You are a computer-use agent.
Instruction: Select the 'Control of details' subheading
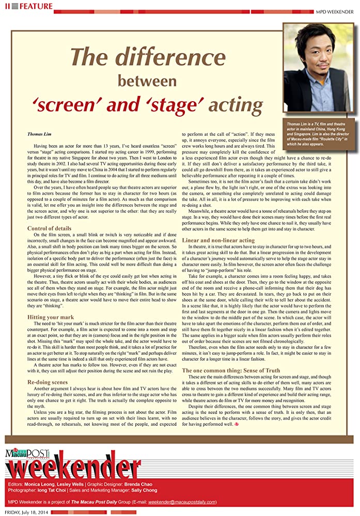click(49, 228)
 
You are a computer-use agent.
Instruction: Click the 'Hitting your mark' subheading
click(50, 317)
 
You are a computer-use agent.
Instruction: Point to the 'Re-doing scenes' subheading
click(48, 382)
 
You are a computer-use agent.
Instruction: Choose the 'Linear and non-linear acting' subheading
click(218, 240)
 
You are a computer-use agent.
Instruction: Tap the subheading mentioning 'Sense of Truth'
click(231, 370)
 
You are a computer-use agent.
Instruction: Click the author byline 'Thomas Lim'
click(39, 134)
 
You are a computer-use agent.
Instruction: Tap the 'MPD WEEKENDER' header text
click(336, 11)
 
